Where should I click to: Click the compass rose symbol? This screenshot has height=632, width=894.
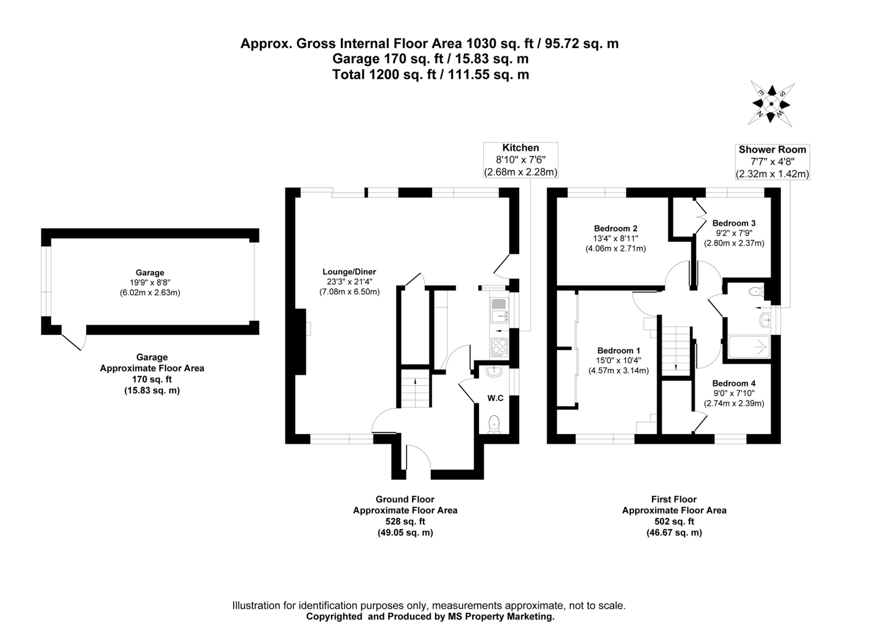(771, 104)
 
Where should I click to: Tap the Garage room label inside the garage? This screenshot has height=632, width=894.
(150, 273)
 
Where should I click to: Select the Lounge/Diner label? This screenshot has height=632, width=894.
(349, 272)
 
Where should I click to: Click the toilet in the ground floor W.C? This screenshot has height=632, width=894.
(494, 424)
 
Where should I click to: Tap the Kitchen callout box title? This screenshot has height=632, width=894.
(521, 148)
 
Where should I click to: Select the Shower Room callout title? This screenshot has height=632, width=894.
(772, 150)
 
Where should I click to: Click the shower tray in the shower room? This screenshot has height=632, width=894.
(749, 347)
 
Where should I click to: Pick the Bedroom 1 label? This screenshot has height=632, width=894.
(618, 351)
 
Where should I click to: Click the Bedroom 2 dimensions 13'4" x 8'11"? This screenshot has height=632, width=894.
(615, 238)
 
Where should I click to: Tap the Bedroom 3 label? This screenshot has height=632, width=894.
(734, 224)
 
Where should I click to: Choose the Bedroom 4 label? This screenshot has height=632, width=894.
(734, 383)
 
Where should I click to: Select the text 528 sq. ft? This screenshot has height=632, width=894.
(405, 522)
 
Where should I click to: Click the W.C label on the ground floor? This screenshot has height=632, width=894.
(495, 398)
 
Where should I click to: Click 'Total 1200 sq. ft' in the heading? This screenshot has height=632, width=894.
(384, 75)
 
